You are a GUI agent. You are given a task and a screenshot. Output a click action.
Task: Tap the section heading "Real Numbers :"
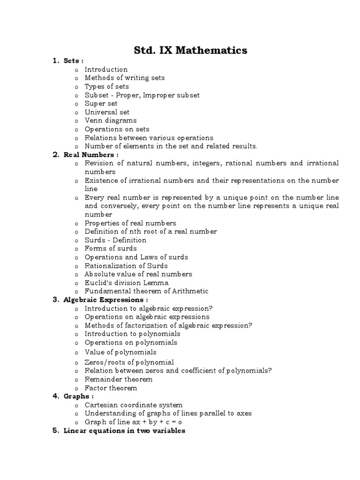91,155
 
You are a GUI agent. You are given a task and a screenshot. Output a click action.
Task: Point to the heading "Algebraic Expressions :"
106,300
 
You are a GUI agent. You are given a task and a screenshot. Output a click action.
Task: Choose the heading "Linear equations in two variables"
124,430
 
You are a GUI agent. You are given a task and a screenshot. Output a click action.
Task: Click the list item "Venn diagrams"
111,120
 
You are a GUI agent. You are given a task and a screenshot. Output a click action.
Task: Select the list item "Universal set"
107,112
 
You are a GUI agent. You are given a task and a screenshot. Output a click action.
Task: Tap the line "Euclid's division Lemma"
127,283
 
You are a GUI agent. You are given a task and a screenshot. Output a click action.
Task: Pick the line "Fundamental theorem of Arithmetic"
146,291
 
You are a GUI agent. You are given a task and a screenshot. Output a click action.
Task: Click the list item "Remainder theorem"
118,379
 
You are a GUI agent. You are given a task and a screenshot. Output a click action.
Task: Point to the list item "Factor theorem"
111,388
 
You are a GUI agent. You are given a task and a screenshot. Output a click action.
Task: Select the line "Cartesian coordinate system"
134,405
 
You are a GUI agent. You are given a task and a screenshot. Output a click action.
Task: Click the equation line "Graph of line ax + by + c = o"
133,421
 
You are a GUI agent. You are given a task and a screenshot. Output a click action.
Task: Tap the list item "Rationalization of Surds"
126,266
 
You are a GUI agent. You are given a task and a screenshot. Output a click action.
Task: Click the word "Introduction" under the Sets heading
106,69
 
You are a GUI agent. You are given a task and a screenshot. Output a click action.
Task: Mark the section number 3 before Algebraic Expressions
55,300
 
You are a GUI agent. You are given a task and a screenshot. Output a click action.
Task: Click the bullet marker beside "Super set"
76,104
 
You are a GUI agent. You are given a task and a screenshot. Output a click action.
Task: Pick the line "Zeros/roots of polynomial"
129,362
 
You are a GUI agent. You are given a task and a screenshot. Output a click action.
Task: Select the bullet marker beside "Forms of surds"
76,249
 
